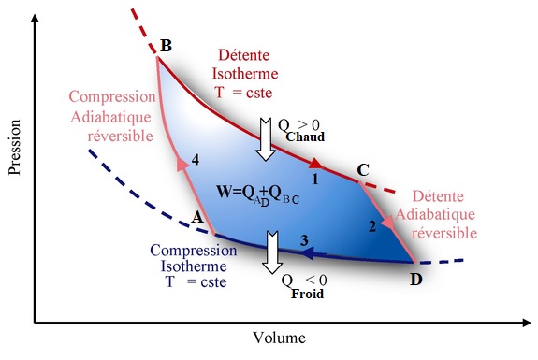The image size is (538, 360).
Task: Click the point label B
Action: [166, 46]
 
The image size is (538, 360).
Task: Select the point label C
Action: [363, 170]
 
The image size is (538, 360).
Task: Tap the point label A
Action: [197, 217]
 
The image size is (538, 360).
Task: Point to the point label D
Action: [416, 280]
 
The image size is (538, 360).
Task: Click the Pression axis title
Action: [15, 148]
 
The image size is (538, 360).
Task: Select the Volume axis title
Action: [280, 338]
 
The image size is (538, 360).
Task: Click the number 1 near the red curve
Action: [315, 179]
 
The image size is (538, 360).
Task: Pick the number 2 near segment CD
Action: [372, 226]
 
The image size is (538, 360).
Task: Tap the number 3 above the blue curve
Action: [304, 240]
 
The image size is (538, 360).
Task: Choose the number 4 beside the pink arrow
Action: [196, 160]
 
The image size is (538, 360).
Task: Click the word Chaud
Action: [305, 137]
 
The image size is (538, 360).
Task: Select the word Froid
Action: [308, 294]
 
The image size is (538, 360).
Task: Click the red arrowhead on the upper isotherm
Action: [315, 164]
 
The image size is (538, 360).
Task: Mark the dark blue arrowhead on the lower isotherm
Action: [308, 253]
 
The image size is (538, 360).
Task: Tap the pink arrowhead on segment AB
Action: [182, 164]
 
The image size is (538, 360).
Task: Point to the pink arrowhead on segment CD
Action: [388, 222]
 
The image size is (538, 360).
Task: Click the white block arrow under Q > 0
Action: [266, 139]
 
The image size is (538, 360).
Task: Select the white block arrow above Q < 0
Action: [272, 252]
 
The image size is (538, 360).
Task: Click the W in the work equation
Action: [225, 191]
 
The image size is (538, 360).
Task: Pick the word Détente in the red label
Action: [244, 55]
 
